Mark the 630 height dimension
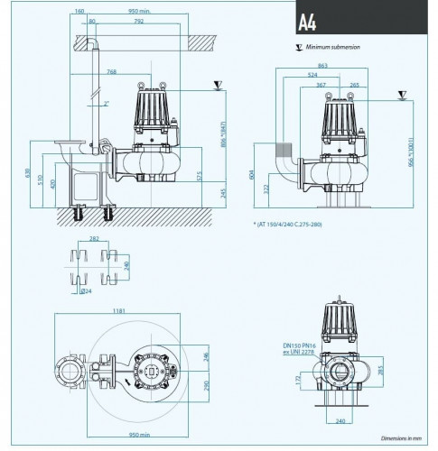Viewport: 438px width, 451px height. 30,172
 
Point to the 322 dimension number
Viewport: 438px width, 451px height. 266,189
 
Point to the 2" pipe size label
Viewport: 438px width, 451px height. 107,104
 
